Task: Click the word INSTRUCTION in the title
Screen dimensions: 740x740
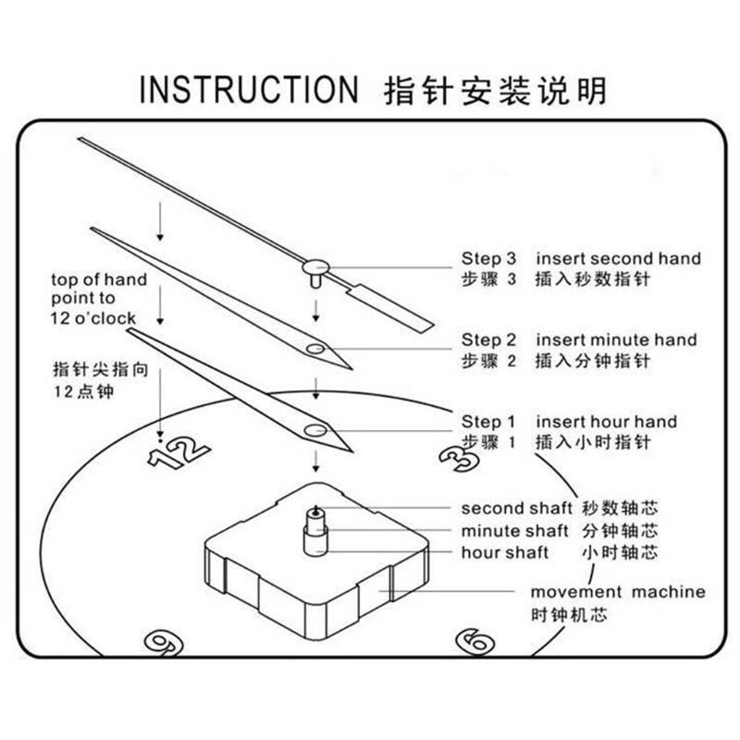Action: coord(249,89)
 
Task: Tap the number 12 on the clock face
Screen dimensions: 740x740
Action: coord(179,451)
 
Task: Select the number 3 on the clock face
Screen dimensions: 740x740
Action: coord(456,456)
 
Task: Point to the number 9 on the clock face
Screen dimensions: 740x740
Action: coord(164,643)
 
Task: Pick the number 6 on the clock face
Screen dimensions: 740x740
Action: coord(475,642)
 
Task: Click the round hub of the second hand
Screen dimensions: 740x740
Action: coord(315,267)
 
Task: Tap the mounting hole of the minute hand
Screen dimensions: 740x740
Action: coord(315,350)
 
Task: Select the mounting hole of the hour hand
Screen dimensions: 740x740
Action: coord(315,430)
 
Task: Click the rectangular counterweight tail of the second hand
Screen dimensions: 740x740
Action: coord(390,308)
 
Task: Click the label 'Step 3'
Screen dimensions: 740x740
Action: coord(489,259)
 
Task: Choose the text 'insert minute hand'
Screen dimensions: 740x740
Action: coord(616,339)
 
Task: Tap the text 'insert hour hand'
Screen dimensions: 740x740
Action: coord(607,422)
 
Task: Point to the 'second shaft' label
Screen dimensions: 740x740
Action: coord(517,508)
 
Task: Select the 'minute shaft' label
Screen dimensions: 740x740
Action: coord(515,531)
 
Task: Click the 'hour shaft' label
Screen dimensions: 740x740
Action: coord(504,552)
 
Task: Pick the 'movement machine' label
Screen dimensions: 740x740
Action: coord(618,592)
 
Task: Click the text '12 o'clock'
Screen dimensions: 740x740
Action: coord(93,318)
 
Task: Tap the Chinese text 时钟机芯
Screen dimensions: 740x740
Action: coord(569,615)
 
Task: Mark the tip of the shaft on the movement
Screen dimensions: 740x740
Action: coord(315,507)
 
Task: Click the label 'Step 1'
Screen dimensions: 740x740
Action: coord(488,422)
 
